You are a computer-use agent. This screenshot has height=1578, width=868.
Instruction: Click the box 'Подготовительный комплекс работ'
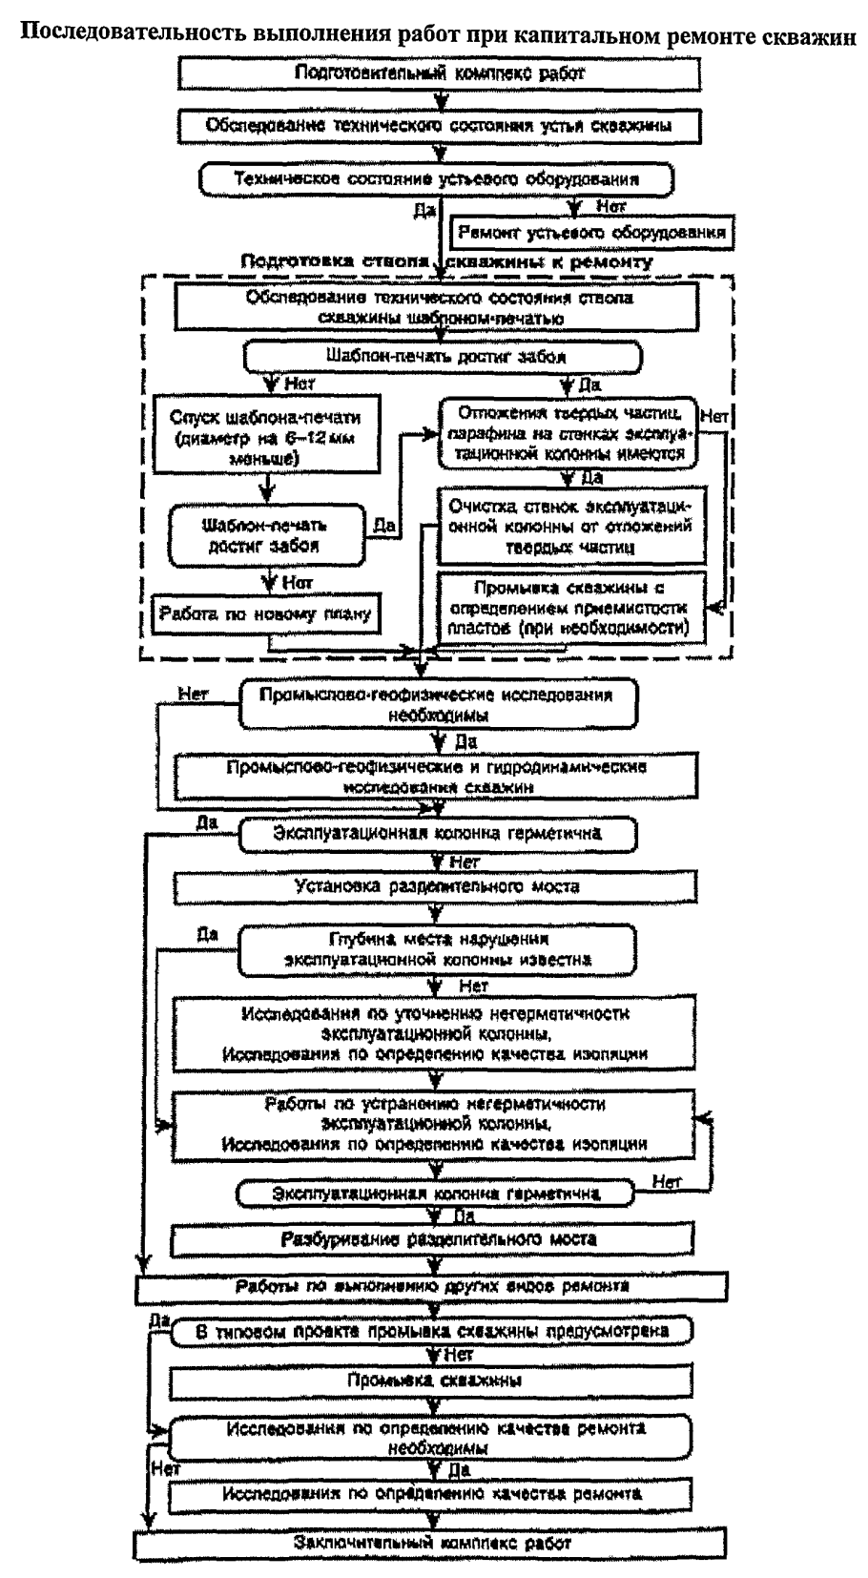(x=439, y=73)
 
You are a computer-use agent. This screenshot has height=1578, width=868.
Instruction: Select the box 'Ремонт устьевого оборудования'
(x=591, y=232)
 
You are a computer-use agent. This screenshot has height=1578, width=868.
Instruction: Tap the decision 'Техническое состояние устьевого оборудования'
(x=436, y=178)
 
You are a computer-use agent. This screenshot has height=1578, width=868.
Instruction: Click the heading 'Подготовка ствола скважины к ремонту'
(x=446, y=261)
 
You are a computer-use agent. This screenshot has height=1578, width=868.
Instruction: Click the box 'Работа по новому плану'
(x=265, y=614)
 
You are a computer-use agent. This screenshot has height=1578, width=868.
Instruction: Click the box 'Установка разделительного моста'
(x=437, y=886)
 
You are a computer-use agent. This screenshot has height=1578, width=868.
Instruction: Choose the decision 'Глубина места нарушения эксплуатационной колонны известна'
(x=438, y=949)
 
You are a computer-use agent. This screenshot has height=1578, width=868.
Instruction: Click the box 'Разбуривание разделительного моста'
(x=438, y=1239)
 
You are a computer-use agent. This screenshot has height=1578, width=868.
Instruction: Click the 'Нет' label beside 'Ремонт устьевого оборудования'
(x=610, y=206)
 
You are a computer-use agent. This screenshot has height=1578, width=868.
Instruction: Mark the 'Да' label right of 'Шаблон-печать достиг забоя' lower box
(x=383, y=524)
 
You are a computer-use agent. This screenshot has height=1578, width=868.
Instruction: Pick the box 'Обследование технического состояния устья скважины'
(x=438, y=125)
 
